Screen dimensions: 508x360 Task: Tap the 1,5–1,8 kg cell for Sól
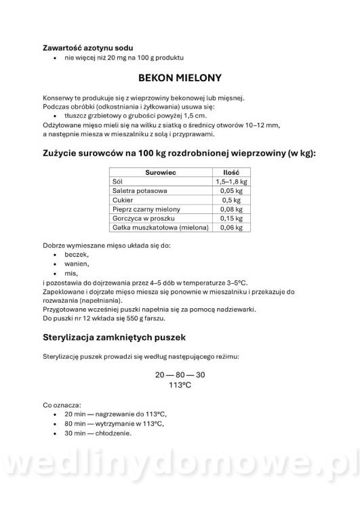click(232, 182)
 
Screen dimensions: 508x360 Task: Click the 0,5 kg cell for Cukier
click(232, 201)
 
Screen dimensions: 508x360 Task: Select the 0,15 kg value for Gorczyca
click(232, 219)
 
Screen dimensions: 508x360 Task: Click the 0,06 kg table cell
click(232, 229)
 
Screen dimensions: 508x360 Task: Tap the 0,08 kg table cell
click(232, 210)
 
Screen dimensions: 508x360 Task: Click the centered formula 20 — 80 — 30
click(180, 375)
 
